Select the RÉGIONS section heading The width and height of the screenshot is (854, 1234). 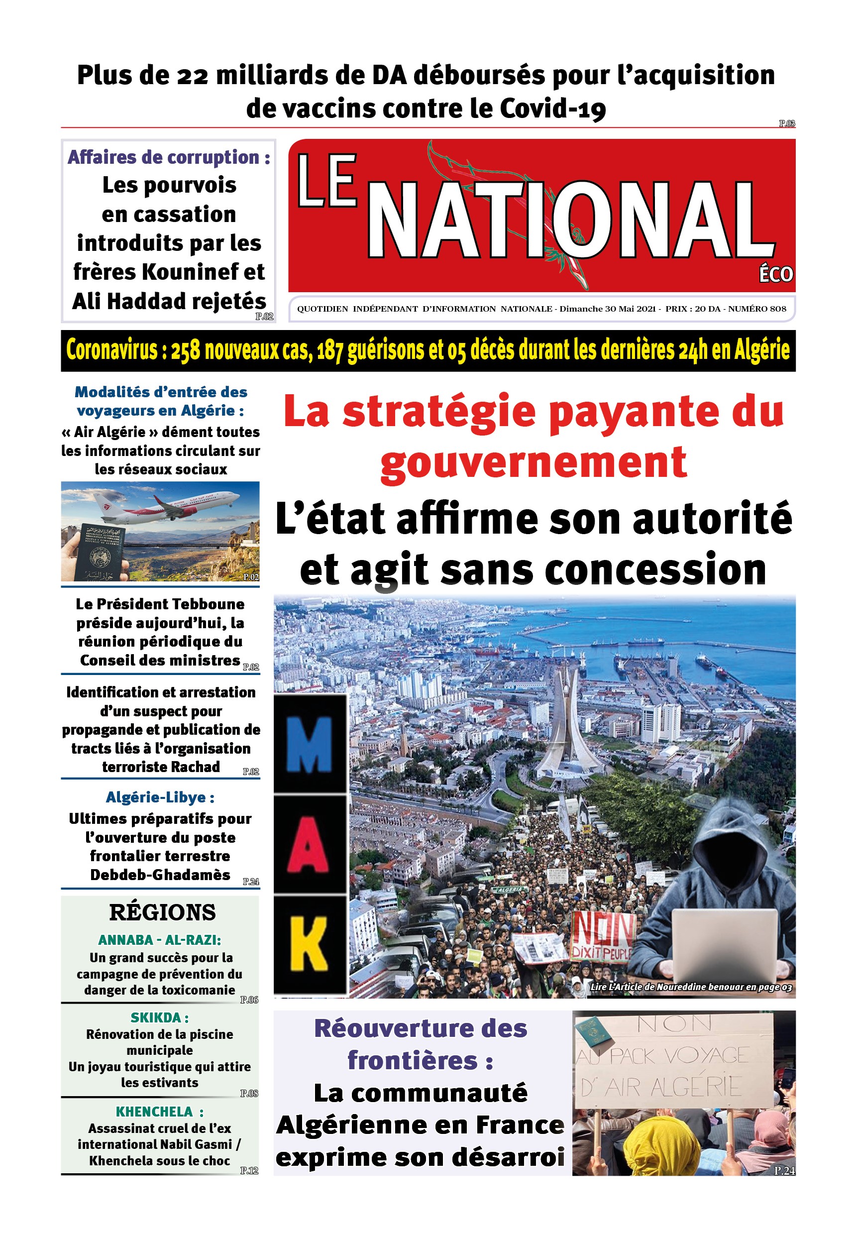point(162,912)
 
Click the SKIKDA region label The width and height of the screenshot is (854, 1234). point(159,1018)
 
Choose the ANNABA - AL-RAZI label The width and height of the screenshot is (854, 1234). point(159,940)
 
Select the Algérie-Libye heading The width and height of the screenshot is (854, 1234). point(160,797)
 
